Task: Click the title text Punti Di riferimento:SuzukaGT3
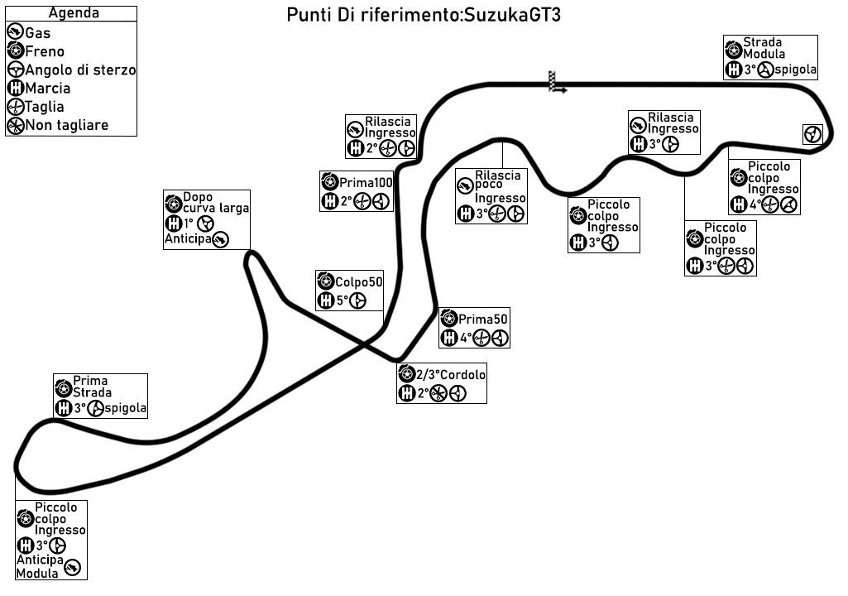point(424,16)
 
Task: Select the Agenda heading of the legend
point(73,13)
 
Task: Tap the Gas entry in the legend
point(38,33)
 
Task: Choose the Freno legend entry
point(45,51)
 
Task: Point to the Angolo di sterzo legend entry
point(80,70)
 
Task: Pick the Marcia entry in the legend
point(48,88)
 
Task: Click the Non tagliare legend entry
point(67,125)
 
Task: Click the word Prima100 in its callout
point(366,182)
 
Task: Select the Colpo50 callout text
point(358,281)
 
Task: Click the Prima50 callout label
point(483,319)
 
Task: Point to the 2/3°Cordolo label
point(451,374)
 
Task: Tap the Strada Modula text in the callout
point(762,48)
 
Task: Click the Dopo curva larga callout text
point(215,203)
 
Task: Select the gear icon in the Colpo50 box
point(325,300)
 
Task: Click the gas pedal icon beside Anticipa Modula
point(73,567)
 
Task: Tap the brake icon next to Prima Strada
point(63,387)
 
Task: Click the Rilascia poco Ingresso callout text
point(499,186)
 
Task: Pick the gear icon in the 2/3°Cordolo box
point(406,393)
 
